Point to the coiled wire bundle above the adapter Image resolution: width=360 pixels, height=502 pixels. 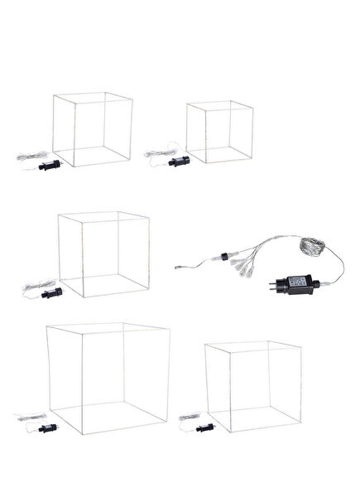coord(314,249)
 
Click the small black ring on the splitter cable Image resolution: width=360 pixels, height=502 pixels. coord(224,256)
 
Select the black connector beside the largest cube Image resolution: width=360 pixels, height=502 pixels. coord(46,428)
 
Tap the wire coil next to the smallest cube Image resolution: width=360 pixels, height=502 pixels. coord(157,152)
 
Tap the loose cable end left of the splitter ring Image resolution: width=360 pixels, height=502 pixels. coord(179,267)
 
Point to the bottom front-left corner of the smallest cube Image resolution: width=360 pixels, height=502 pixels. coord(188,161)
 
